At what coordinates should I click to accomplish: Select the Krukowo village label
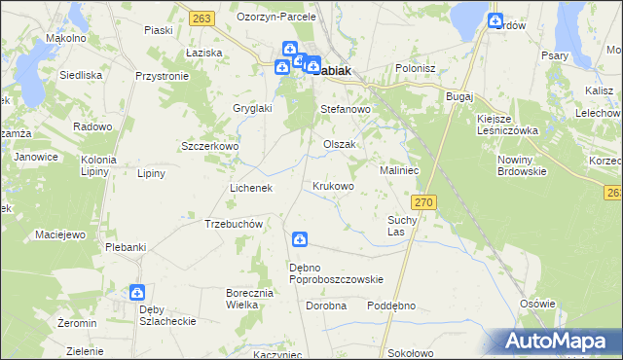(333, 185)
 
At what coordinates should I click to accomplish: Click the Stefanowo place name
(347, 110)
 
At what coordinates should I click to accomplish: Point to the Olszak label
(340, 144)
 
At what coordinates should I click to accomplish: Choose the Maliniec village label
(399, 169)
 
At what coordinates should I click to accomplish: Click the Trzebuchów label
(235, 223)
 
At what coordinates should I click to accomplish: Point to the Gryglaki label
(252, 108)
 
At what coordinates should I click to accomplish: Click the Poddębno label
(391, 305)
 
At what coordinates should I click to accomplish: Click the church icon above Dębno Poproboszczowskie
(300, 239)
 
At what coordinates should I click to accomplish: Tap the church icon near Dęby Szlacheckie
(137, 292)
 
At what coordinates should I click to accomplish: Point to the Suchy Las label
(402, 226)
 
